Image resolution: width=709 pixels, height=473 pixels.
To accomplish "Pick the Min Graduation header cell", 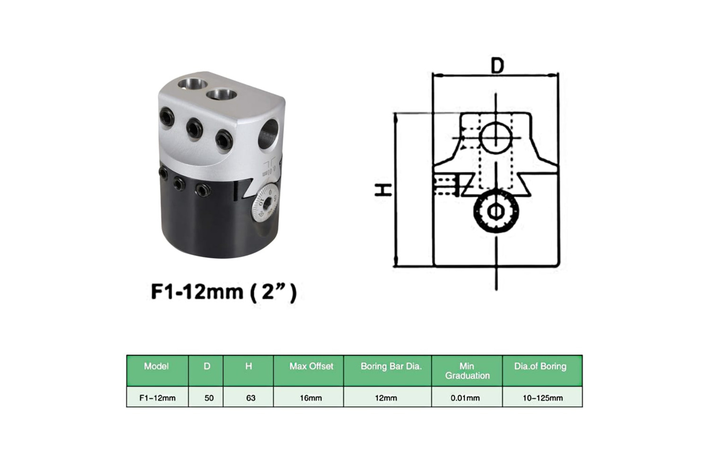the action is point(467,370).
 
